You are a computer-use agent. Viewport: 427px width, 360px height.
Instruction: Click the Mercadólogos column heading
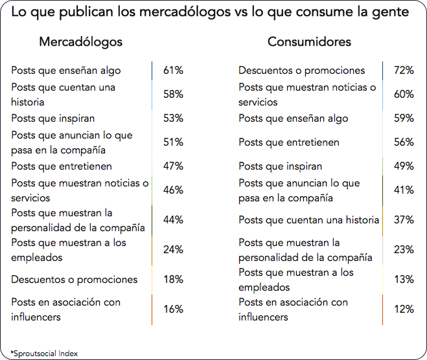81,42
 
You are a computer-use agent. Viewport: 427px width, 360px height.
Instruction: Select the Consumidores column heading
310,42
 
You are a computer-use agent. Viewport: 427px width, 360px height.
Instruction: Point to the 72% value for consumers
404,71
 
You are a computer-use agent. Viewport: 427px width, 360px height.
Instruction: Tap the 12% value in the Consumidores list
404,309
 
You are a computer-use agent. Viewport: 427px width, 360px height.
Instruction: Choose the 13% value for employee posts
404,280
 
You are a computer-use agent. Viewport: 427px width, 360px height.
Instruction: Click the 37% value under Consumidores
404,220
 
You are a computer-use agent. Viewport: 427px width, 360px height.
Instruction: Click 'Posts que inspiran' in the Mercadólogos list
53,118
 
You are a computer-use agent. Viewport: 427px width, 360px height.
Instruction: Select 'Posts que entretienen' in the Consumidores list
289,142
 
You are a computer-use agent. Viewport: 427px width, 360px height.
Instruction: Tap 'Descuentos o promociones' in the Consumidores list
302,71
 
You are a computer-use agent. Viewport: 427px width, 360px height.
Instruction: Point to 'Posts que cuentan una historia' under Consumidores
308,220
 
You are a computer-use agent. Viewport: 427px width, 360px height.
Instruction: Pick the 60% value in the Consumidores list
404,95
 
